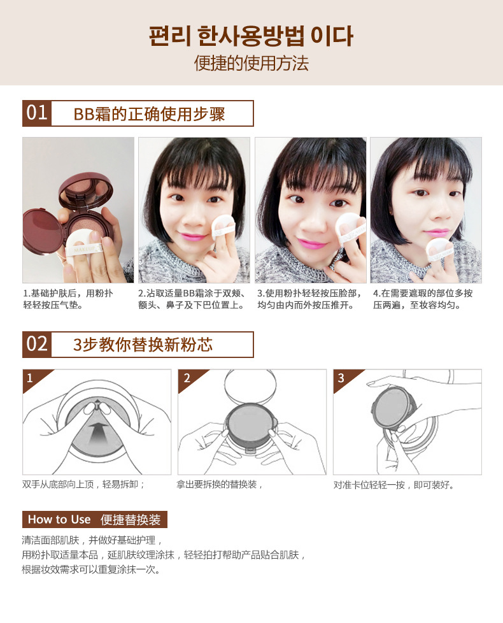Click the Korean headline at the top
[251, 36]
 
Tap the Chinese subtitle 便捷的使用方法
[251, 63]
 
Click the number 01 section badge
[37, 113]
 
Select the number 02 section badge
[37, 344]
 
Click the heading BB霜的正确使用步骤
[149, 114]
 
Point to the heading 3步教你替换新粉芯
[143, 345]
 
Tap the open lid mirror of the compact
[86, 190]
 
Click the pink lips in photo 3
[312, 243]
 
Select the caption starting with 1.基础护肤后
[68, 299]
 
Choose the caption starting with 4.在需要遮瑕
[422, 299]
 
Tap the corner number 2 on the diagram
[187, 378]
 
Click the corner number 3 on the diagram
[341, 378]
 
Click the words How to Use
[59, 519]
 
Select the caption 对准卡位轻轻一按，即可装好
[393, 485]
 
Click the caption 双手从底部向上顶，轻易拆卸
[83, 484]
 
